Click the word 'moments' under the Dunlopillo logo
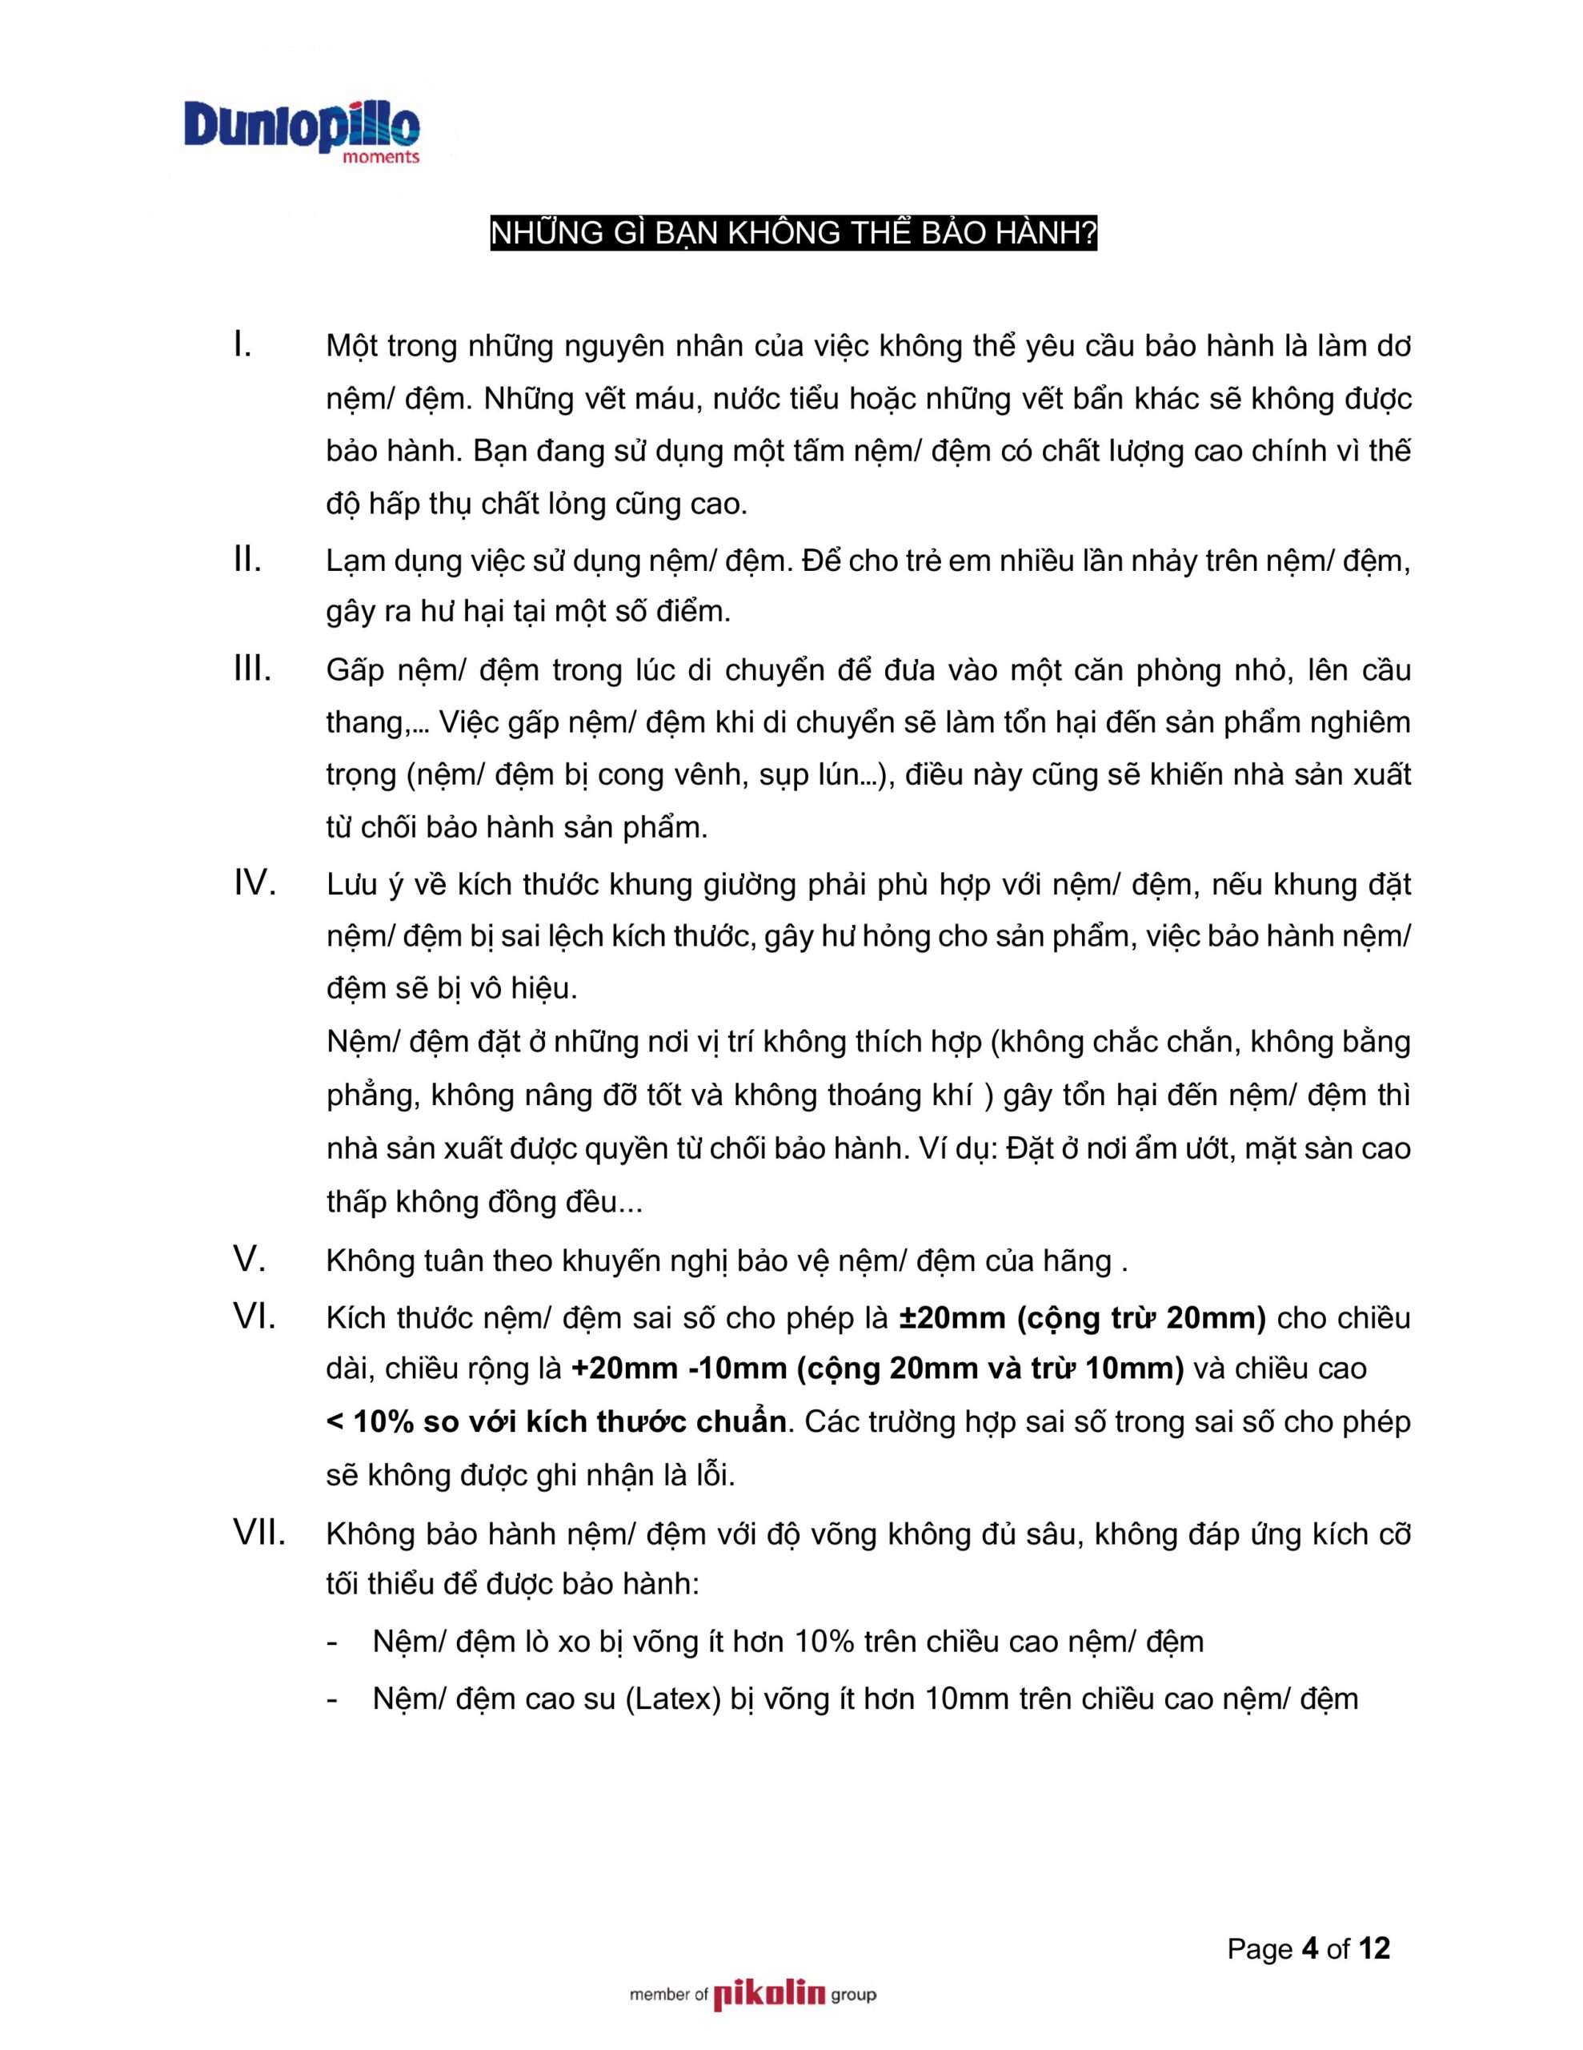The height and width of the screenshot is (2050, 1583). tap(381, 158)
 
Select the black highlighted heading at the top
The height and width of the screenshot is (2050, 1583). tap(793, 234)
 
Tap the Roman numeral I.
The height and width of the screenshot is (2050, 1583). tap(242, 345)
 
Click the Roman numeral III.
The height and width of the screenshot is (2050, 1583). tap(252, 669)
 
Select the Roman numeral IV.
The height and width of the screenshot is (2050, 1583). tap(254, 883)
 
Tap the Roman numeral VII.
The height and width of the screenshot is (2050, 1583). tap(259, 1533)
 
